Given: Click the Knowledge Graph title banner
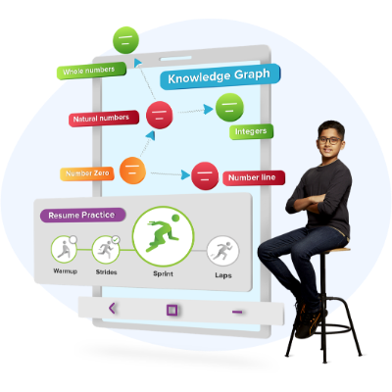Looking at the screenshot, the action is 220,76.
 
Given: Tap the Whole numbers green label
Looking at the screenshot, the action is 91,71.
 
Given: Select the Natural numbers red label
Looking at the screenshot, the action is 104,119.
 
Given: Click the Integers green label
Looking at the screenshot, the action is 251,131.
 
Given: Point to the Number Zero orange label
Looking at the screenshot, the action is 87,173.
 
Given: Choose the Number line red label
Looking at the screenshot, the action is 254,178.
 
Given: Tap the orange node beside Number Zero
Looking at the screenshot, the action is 132,171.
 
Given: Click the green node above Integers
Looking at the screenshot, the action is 229,107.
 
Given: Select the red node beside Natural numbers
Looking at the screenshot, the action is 160,115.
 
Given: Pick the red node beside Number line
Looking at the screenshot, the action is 205,176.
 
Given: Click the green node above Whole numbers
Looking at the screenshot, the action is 125,40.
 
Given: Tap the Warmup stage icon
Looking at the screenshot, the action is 64,249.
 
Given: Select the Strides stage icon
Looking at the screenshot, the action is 106,250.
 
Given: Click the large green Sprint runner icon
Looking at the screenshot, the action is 164,236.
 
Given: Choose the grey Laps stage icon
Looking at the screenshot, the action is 223,251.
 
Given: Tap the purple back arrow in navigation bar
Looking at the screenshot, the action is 112,308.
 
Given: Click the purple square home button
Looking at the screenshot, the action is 171,310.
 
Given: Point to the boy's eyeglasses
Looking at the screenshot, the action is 329,140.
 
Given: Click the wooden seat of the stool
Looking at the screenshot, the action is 337,250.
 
